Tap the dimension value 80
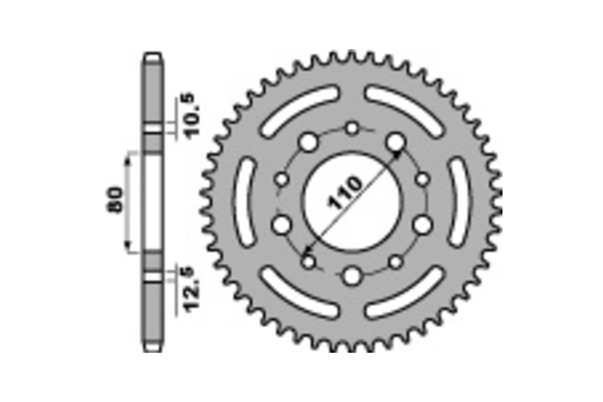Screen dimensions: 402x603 click(115, 200)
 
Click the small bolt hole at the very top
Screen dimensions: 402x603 click(353, 128)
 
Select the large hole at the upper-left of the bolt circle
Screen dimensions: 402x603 click(309, 143)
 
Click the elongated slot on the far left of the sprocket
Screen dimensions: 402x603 click(246, 201)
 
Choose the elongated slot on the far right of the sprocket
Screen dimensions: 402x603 click(460, 201)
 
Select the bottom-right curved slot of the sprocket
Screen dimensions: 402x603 click(405, 292)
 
